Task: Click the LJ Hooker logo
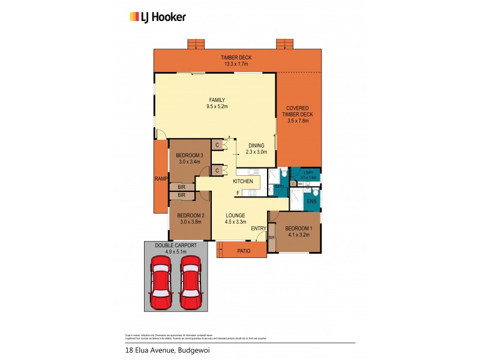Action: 158,17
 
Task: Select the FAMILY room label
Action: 217,103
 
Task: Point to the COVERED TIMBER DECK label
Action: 298,114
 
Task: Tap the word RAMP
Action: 161,179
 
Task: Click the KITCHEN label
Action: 242,181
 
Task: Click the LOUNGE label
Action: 236,218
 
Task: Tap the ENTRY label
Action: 258,229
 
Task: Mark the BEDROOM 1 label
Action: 298,232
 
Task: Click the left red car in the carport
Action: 161,282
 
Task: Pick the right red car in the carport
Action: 189,282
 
